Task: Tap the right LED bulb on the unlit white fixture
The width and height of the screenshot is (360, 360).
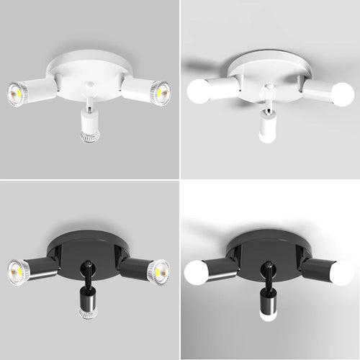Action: coord(161,93)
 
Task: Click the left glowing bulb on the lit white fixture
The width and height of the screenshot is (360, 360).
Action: coord(197,91)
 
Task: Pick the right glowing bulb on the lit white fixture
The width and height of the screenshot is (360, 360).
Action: coord(343,94)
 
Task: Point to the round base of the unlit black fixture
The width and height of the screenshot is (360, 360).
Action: coord(88,251)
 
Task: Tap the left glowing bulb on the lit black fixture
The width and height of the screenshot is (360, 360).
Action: coord(196,272)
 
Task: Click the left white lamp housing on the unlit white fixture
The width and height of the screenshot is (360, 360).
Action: coord(40,89)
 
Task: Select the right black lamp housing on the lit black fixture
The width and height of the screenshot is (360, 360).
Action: coord(318,271)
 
